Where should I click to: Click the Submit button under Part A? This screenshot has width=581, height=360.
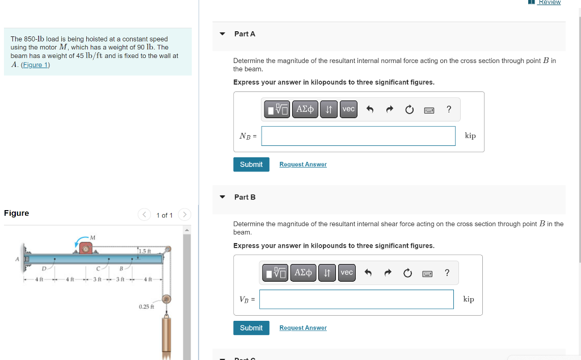click(251, 165)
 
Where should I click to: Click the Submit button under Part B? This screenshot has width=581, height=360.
click(251, 328)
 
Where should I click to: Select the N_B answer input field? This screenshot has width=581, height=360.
click(358, 136)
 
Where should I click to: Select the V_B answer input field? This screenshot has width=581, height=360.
click(356, 299)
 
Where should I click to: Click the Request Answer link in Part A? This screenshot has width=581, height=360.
click(303, 165)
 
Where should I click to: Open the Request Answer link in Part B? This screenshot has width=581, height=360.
click(303, 328)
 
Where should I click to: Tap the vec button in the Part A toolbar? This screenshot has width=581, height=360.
click(348, 109)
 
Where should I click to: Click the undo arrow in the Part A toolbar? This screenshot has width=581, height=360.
click(370, 110)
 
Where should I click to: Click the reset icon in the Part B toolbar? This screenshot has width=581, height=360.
click(407, 273)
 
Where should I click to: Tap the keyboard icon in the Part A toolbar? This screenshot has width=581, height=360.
click(430, 110)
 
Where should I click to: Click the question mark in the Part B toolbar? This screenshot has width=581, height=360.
click(447, 273)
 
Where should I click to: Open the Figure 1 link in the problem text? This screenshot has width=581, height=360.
click(35, 65)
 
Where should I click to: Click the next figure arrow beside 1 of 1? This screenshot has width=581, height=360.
click(184, 215)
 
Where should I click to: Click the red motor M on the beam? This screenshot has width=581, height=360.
click(86, 248)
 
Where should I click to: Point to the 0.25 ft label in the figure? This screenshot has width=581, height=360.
click(146, 307)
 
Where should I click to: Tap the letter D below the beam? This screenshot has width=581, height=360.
click(44, 268)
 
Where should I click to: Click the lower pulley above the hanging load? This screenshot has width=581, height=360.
click(167, 299)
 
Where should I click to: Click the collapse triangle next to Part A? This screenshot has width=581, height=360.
click(222, 34)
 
